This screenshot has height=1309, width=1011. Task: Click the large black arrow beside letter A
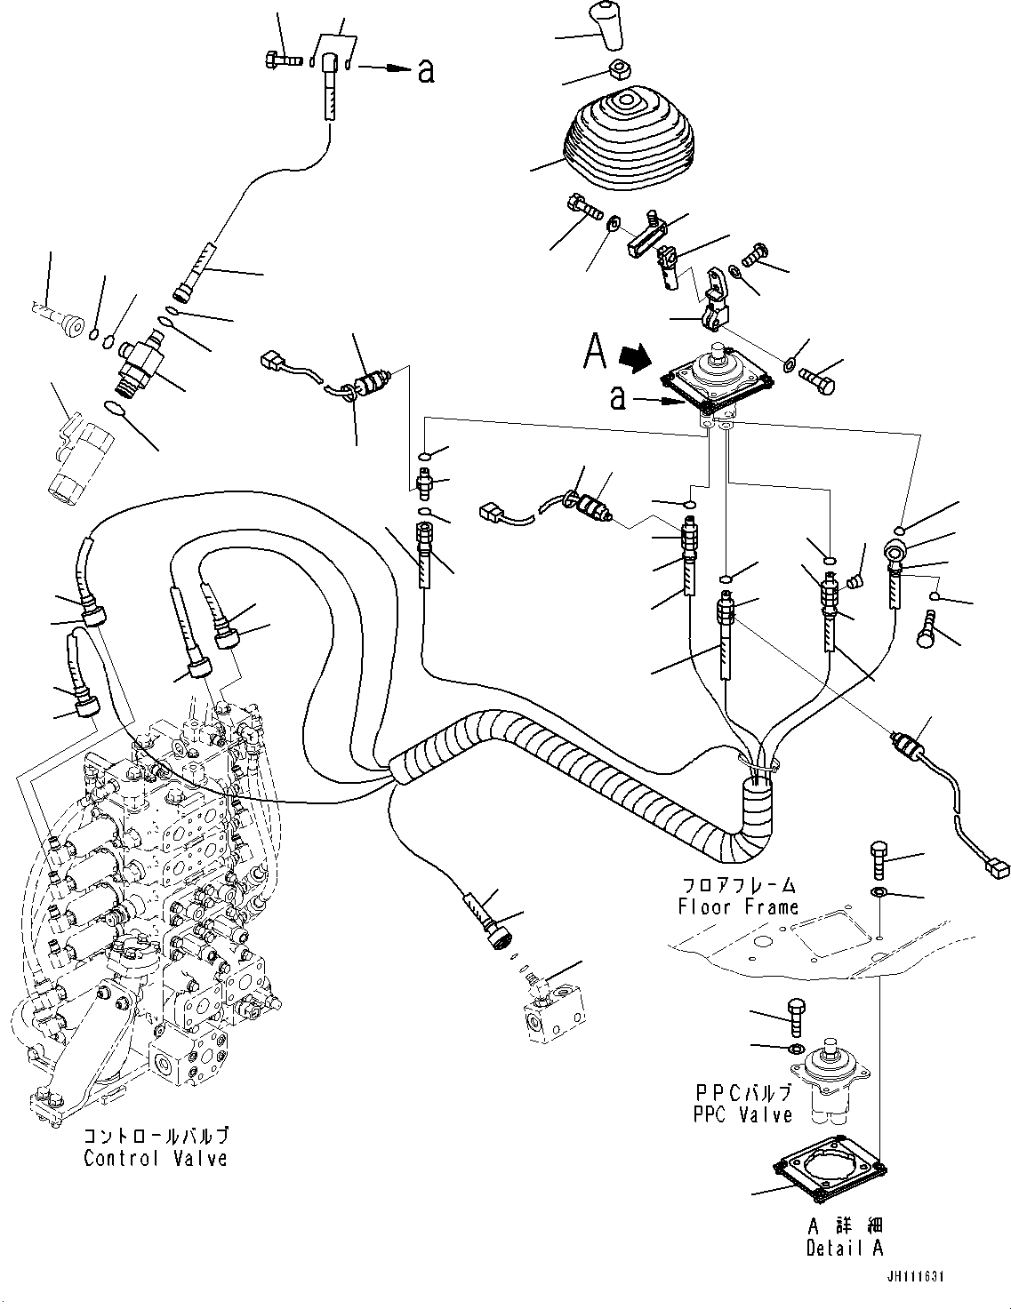click(x=635, y=358)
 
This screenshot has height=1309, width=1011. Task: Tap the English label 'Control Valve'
click(x=156, y=1158)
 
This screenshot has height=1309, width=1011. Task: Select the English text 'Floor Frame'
click(x=738, y=907)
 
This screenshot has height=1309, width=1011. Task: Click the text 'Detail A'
click(x=844, y=1248)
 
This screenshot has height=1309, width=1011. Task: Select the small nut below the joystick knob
click(x=615, y=70)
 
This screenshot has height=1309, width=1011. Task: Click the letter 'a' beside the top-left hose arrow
click(x=426, y=71)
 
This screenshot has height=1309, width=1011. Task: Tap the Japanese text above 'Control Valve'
click(x=156, y=1137)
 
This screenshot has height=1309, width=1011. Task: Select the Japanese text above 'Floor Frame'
click(x=738, y=886)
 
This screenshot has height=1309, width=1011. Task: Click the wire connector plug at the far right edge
click(x=997, y=867)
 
